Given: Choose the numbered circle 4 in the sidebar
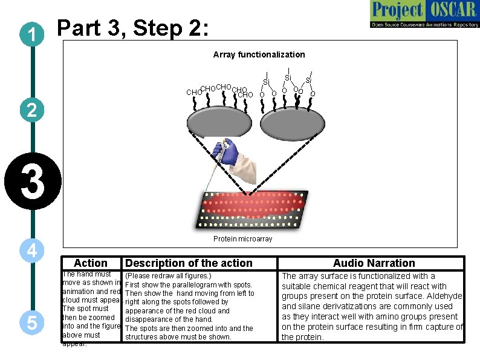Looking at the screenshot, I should [30, 250].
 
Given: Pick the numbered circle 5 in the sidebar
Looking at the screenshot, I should [30, 324].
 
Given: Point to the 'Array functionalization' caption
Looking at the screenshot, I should [259, 55].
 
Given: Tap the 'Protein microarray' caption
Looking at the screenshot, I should [242, 239].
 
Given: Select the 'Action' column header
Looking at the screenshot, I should [90, 263].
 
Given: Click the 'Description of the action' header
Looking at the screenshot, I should [188, 263].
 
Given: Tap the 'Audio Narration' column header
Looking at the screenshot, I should [374, 263].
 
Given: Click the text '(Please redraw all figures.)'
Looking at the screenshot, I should [167, 276].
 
